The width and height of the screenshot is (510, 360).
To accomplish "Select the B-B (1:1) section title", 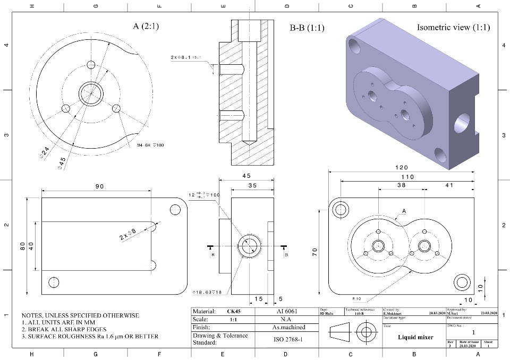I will [307, 28].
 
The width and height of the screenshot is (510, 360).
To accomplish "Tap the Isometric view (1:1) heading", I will [453, 27].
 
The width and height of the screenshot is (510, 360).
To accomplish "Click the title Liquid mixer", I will [416, 337].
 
